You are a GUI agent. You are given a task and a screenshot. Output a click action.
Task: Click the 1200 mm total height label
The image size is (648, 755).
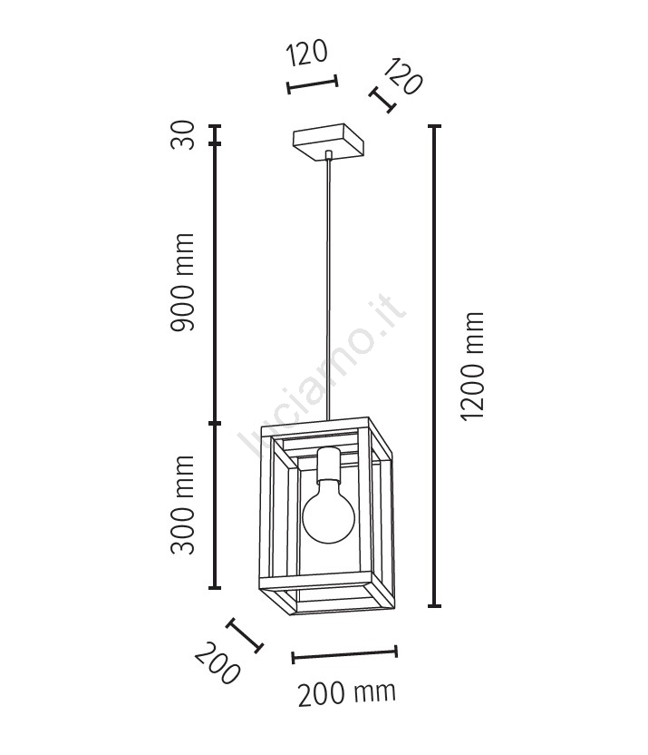[472, 366]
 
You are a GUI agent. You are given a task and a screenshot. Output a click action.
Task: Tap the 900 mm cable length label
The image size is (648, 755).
[184, 281]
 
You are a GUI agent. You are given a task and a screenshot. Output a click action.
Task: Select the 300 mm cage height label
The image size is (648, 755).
[184, 506]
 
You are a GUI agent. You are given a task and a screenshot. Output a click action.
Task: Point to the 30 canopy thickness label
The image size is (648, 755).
[184, 139]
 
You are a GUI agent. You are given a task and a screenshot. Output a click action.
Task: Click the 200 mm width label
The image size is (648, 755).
[346, 694]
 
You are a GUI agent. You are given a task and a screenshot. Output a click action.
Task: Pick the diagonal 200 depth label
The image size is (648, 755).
[218, 663]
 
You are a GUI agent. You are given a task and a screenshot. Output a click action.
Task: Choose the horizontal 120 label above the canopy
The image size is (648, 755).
[306, 54]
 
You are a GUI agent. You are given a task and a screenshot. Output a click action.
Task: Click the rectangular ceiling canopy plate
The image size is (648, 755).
[327, 142]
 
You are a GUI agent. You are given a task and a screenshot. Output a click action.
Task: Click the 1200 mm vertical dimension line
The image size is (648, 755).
[435, 366]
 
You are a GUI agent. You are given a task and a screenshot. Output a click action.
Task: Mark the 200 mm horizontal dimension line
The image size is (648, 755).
[344, 653]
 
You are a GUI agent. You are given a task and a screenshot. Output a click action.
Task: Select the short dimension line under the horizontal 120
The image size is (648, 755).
[312, 84]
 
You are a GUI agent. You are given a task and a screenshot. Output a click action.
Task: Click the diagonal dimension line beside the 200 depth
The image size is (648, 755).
[244, 635]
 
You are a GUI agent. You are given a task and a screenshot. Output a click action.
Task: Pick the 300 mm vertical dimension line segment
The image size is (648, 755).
[216, 505]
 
